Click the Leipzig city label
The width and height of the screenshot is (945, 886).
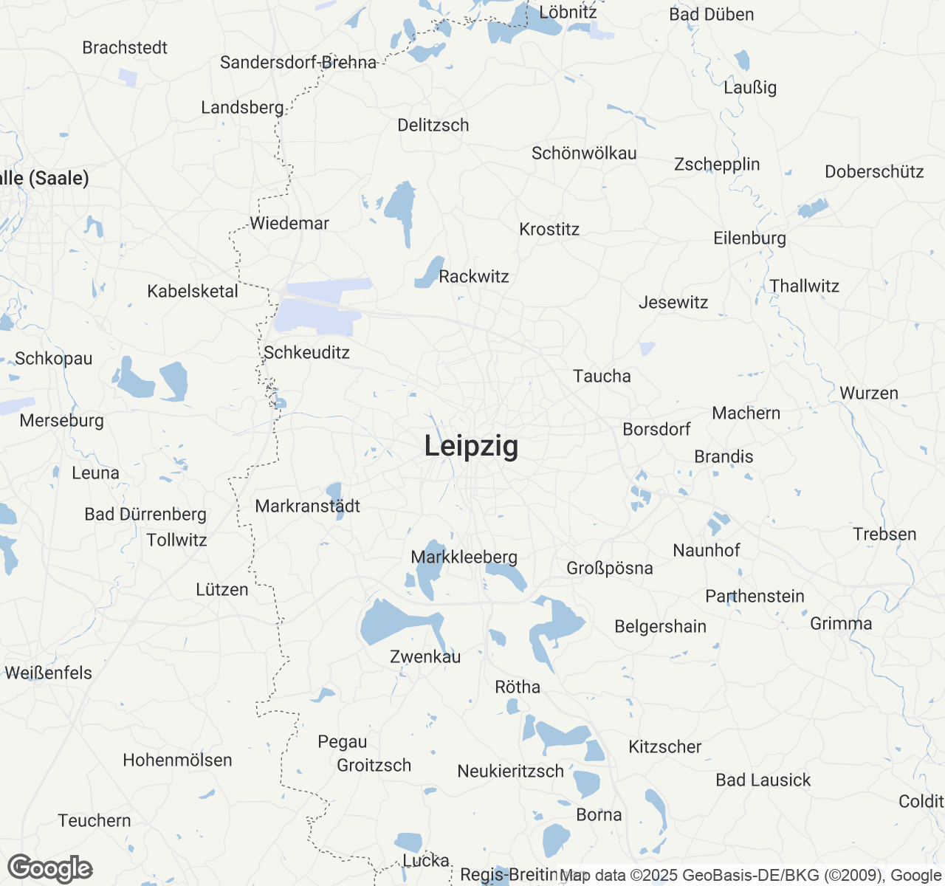point(471,447)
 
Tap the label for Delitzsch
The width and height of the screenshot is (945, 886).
point(433,126)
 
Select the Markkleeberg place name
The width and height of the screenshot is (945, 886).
point(464,557)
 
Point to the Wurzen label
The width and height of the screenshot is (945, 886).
point(869,394)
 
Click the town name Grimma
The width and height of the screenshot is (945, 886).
point(841,624)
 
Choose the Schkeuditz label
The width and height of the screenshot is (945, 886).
point(306,353)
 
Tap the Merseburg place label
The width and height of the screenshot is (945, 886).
point(62,421)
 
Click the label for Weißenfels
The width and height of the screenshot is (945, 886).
point(49,673)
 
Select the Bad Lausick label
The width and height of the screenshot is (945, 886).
point(763,780)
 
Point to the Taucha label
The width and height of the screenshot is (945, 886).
point(602,377)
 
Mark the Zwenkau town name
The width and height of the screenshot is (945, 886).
point(425,657)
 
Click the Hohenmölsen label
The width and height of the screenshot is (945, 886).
point(177,760)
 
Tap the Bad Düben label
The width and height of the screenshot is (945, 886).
point(712,15)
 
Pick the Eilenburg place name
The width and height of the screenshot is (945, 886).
point(749,238)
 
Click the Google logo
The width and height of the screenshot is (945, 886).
point(50,869)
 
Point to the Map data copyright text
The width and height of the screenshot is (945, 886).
point(750,876)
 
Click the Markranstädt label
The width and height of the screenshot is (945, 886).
point(308,506)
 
